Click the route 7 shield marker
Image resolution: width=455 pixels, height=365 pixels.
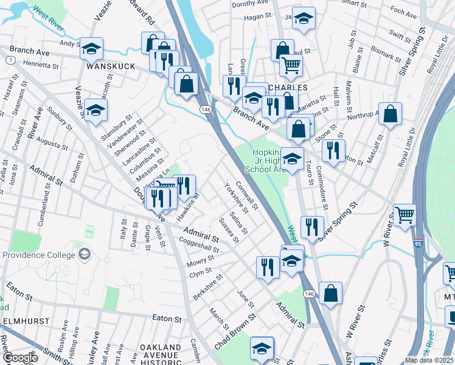tap(11, 60)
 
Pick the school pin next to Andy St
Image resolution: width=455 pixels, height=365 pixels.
tap(91, 48)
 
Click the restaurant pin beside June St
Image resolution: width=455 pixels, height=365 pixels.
tap(268, 266)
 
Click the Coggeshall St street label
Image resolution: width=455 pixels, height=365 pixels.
tap(199, 245)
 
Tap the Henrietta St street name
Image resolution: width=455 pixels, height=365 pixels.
tap(41, 63)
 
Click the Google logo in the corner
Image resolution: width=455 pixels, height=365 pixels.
tap(19, 358)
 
